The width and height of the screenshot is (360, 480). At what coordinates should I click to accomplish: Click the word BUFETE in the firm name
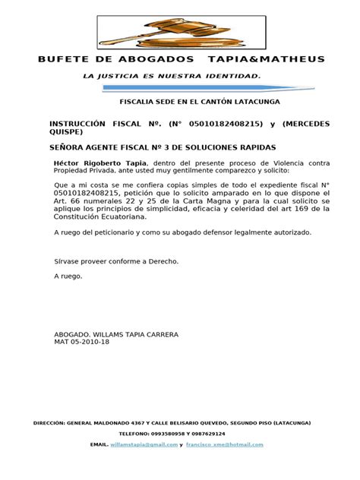click(60, 59)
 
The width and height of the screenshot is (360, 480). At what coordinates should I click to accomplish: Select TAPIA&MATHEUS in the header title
click(272, 59)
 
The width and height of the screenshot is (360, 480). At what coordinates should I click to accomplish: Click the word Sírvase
click(71, 261)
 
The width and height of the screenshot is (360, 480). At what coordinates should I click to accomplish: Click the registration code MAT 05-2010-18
click(81, 343)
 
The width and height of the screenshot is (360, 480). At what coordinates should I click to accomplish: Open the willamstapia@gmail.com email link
click(137, 444)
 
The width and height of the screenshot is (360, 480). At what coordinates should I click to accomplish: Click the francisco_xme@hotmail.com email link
click(227, 444)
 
